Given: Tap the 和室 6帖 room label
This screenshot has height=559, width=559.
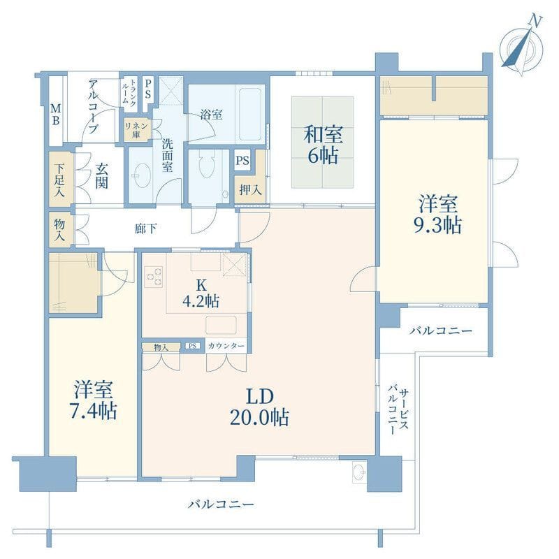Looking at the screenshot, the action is (323, 145).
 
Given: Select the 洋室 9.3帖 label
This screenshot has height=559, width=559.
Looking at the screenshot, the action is (437, 214).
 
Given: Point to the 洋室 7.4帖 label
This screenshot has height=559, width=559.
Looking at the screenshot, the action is (94, 400).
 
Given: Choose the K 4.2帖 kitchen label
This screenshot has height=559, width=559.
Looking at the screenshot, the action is (201, 293).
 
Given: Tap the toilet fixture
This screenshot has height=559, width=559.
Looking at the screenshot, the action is (205, 164).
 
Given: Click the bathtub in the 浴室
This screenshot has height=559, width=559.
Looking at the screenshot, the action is (251, 114).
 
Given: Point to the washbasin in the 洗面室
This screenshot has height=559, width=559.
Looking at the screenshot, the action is (141, 175).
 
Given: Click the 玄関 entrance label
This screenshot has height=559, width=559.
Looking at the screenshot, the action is (101, 176).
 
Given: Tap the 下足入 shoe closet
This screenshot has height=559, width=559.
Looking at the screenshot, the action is (61, 180).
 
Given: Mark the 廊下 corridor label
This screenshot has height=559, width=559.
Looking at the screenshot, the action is (146, 228).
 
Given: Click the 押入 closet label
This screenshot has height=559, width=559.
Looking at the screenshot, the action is (250, 189).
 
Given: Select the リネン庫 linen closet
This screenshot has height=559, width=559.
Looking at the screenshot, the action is (136, 130).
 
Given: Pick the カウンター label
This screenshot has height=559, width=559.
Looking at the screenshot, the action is (226, 346).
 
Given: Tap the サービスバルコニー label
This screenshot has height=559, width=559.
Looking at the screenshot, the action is (398, 411).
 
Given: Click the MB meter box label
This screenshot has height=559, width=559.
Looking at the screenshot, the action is (55, 114).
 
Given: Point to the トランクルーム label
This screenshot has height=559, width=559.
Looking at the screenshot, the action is (129, 92).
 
